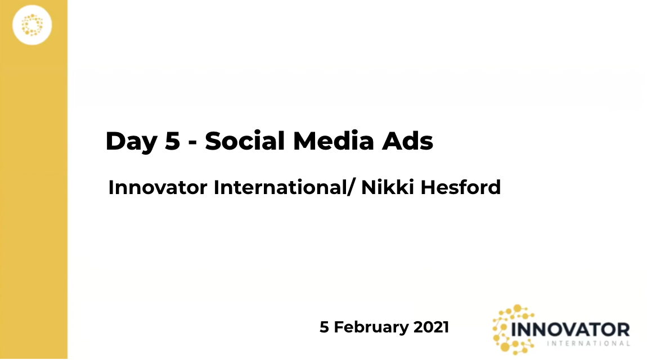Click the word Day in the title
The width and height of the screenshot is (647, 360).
(132, 142)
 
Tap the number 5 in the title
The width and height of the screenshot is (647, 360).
(173, 141)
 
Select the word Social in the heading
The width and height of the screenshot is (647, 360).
(245, 141)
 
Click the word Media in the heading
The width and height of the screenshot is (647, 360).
(334, 141)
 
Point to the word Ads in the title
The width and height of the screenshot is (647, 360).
(407, 141)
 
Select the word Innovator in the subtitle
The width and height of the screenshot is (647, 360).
(158, 187)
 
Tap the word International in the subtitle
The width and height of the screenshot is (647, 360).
(280, 187)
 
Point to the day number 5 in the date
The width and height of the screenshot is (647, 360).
(324, 327)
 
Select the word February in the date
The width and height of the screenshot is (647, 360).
(371, 327)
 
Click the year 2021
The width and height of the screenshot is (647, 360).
(431, 327)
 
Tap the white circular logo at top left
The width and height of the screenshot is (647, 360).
(32, 25)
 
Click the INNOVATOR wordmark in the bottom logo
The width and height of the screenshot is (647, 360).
(570, 330)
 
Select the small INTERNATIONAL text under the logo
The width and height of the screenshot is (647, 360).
(588, 343)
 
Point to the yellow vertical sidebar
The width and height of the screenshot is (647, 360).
(34, 180)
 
